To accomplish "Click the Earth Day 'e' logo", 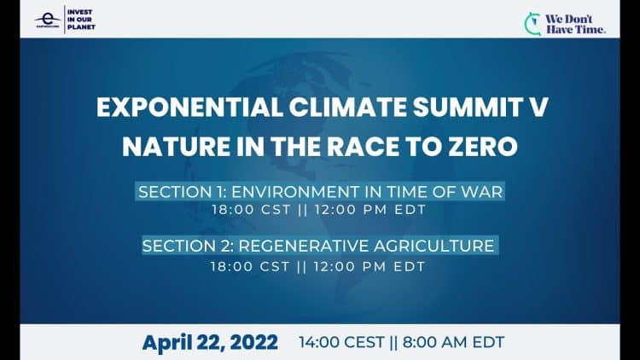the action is tap(47, 20).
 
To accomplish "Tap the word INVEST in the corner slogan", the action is tap(79, 12).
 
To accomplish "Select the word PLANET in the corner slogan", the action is tap(81, 27).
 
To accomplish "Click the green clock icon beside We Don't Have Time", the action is tap(532, 24).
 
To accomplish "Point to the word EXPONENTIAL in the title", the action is tap(189, 107).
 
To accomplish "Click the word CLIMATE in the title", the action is tap(348, 107).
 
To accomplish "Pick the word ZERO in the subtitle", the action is tap(483, 146).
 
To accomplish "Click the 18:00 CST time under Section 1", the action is tap(251, 210).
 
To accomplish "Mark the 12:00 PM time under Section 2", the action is tap(350, 266).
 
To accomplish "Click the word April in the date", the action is tap(167, 343).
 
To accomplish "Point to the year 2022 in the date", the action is tap(254, 342).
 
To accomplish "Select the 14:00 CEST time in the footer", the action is tap(341, 342).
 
